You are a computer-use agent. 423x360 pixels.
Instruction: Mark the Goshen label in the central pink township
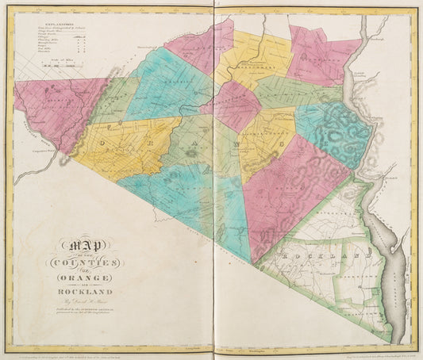pos(230,107)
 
